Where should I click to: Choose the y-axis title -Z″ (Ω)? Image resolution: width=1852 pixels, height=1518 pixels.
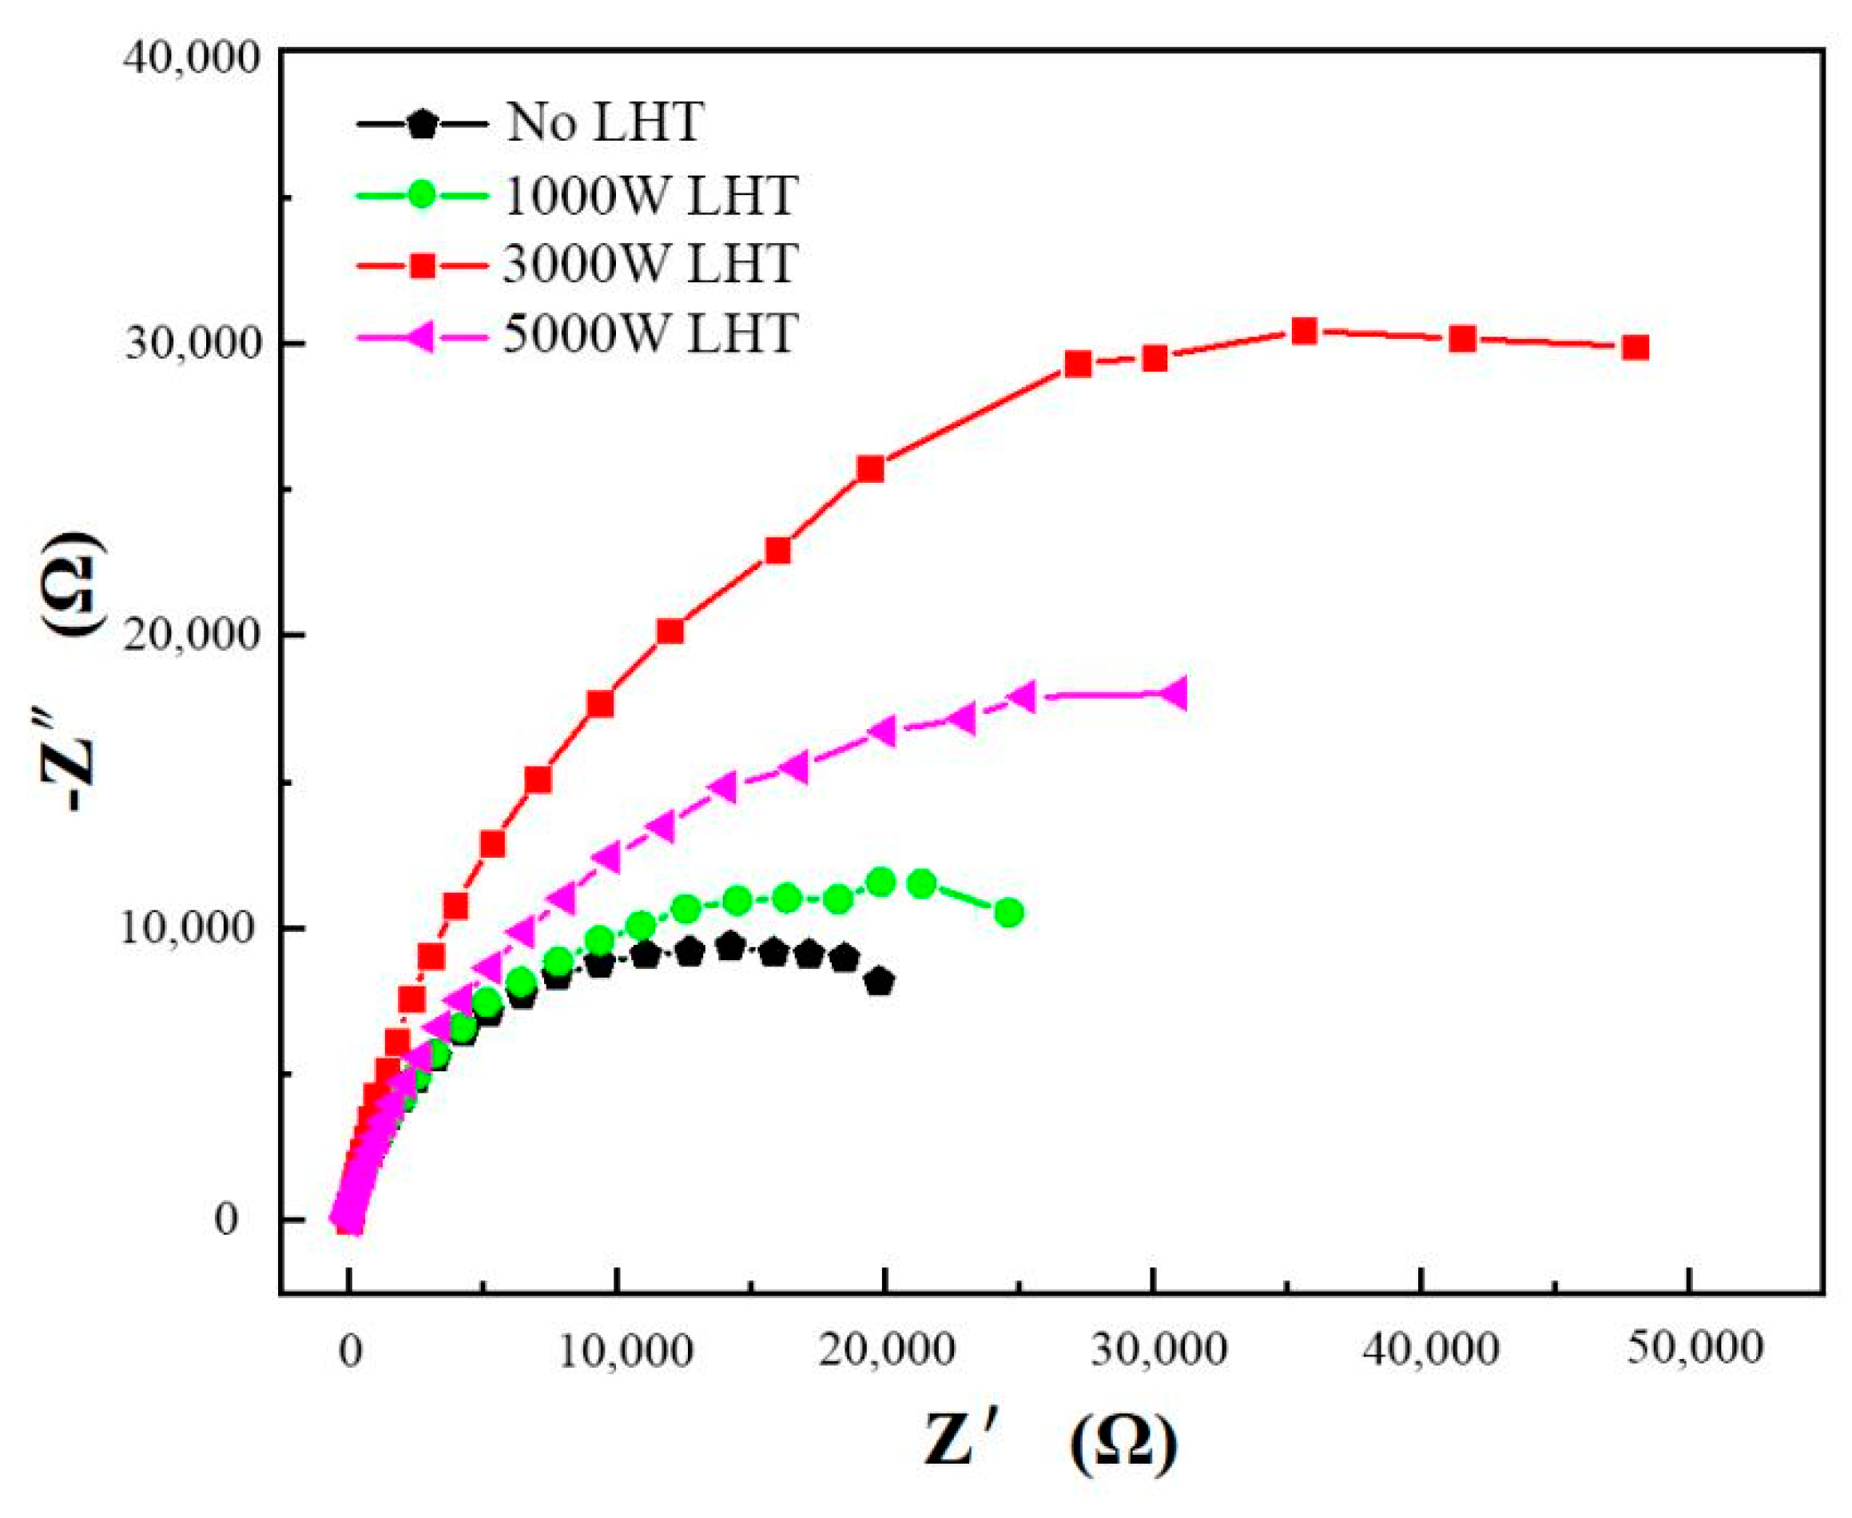click(73, 673)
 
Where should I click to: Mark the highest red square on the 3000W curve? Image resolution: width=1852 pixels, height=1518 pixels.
click(1304, 330)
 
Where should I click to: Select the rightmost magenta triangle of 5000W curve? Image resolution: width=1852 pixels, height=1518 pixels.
click(1175, 693)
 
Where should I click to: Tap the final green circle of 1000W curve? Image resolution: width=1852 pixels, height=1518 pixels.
click(1009, 913)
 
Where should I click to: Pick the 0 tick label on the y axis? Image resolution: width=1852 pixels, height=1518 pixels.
click(226, 1219)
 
